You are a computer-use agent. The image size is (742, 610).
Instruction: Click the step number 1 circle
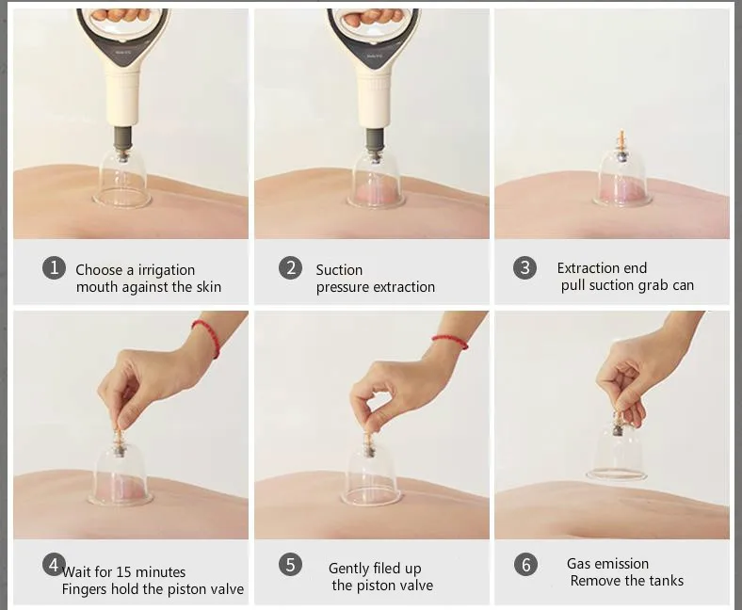54,268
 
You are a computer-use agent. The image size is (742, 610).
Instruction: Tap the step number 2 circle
290,268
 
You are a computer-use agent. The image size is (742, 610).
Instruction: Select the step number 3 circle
524,267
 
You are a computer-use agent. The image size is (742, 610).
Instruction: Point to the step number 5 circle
290,565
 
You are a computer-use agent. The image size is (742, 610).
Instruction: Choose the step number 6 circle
525,565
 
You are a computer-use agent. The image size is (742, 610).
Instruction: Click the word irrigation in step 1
167,270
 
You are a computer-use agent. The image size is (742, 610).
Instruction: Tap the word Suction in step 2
339,270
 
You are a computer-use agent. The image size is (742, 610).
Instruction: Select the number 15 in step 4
123,572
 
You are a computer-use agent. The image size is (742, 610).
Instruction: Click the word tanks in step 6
667,581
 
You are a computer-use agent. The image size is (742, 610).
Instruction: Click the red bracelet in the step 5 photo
450,341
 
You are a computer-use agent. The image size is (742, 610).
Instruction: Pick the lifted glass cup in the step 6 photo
617,451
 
